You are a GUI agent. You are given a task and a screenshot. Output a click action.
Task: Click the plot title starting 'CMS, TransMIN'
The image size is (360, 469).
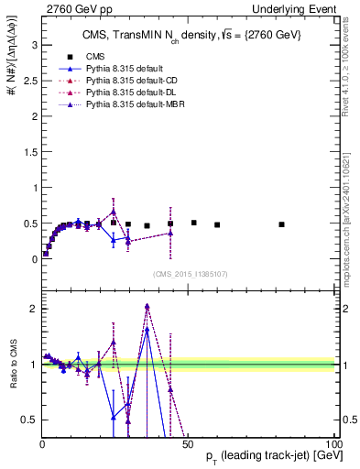(188, 34)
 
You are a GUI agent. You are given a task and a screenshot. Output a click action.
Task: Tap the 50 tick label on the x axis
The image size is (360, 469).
(188, 444)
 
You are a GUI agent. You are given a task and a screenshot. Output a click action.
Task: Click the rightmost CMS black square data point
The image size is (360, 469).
(282, 224)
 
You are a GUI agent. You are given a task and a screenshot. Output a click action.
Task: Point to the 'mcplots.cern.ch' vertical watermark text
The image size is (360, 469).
(350, 220)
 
